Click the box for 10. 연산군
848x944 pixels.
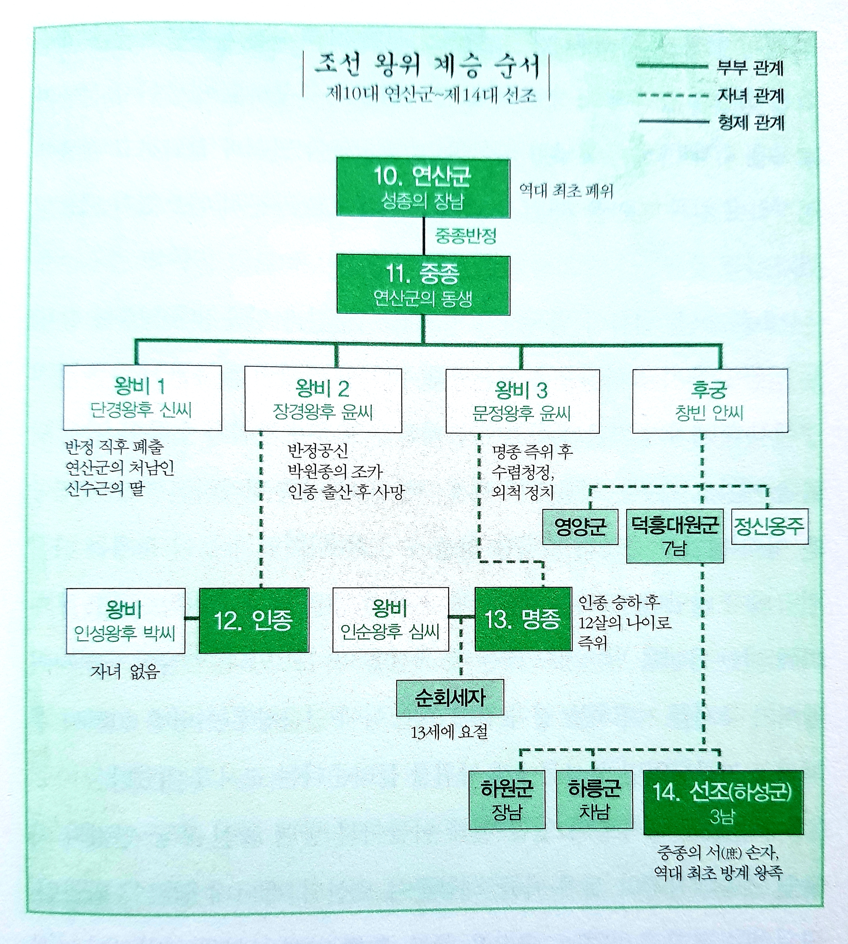[423, 188]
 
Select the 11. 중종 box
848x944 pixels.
[423, 285]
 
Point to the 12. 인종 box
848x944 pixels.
[254, 620]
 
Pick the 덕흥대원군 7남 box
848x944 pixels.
[674, 536]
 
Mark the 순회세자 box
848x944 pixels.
[450, 698]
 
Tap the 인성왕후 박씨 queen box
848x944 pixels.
[125, 621]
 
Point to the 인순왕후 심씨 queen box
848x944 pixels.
[391, 620]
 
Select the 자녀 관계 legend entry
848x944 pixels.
[751, 96]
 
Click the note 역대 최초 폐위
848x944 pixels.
[566, 191]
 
